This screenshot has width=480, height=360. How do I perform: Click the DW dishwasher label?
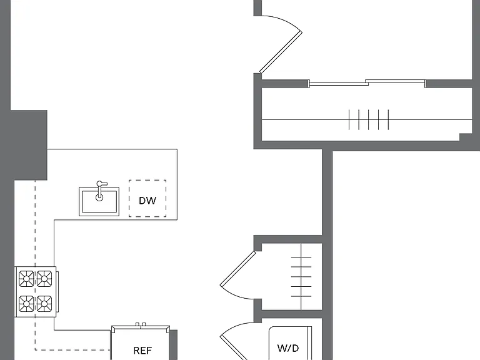point(147,201)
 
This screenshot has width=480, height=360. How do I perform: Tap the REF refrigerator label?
point(142,350)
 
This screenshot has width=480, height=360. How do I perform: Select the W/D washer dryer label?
point(287,348)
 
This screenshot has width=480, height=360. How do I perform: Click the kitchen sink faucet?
point(100,191)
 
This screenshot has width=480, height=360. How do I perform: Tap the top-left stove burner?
point(26,279)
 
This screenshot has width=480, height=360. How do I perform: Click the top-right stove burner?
point(44,279)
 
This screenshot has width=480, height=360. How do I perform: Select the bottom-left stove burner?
point(26,304)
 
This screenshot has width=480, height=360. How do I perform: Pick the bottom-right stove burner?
point(44,304)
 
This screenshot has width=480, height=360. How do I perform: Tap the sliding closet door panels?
point(367,82)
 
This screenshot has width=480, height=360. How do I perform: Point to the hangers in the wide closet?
point(369,119)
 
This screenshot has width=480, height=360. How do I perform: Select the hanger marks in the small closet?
point(301,276)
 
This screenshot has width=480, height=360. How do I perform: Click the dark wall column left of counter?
point(29,145)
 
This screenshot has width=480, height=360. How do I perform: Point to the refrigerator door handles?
point(141,324)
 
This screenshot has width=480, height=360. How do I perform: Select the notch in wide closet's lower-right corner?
point(466,137)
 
